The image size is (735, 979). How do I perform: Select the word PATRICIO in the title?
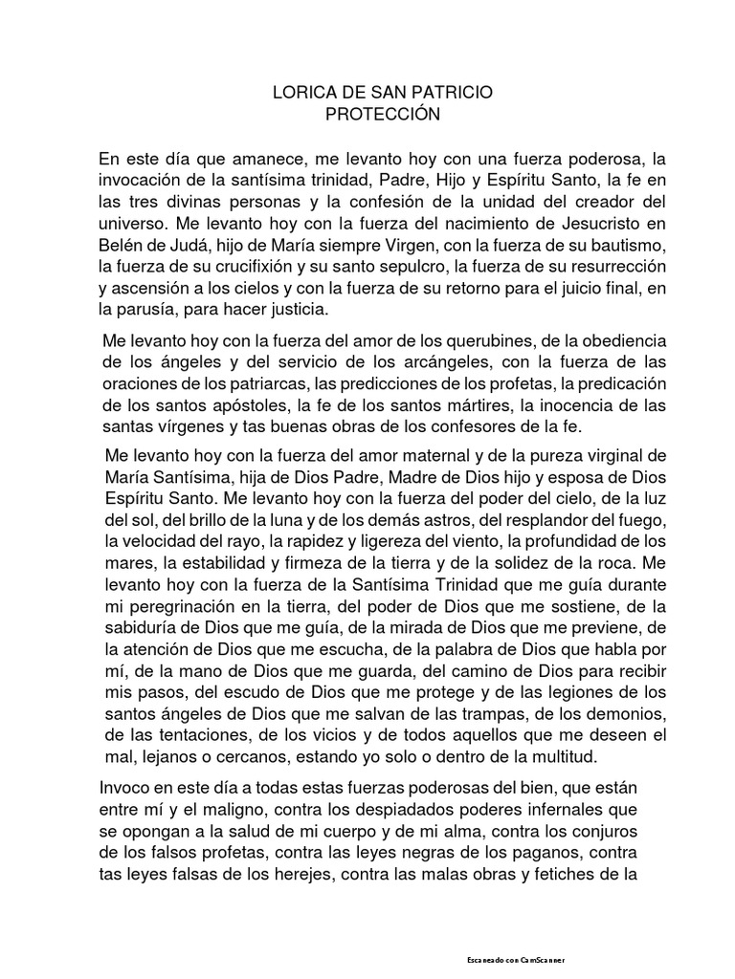click(x=457, y=94)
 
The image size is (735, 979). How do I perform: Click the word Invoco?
click(x=124, y=789)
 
